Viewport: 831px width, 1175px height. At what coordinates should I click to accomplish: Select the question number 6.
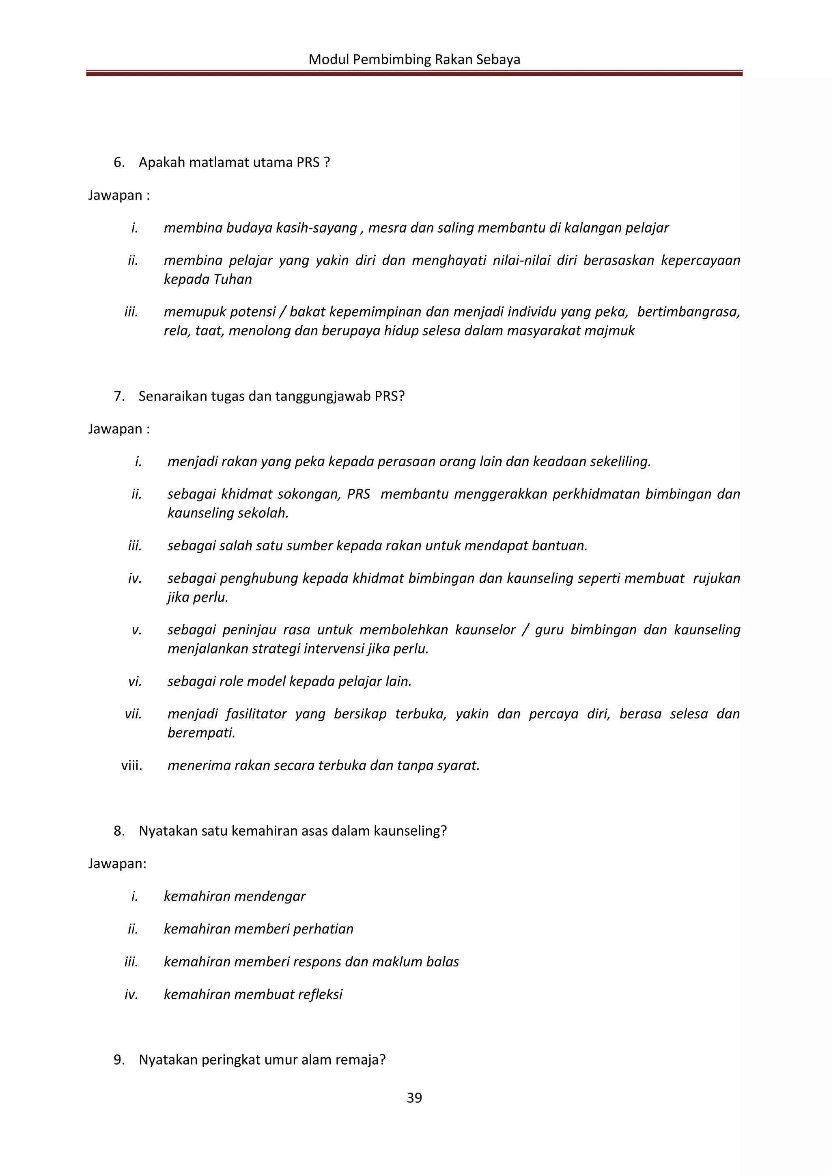119,162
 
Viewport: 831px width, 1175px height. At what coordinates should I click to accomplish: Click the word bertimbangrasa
688,312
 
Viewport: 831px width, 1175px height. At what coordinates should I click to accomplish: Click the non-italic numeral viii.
131,765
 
